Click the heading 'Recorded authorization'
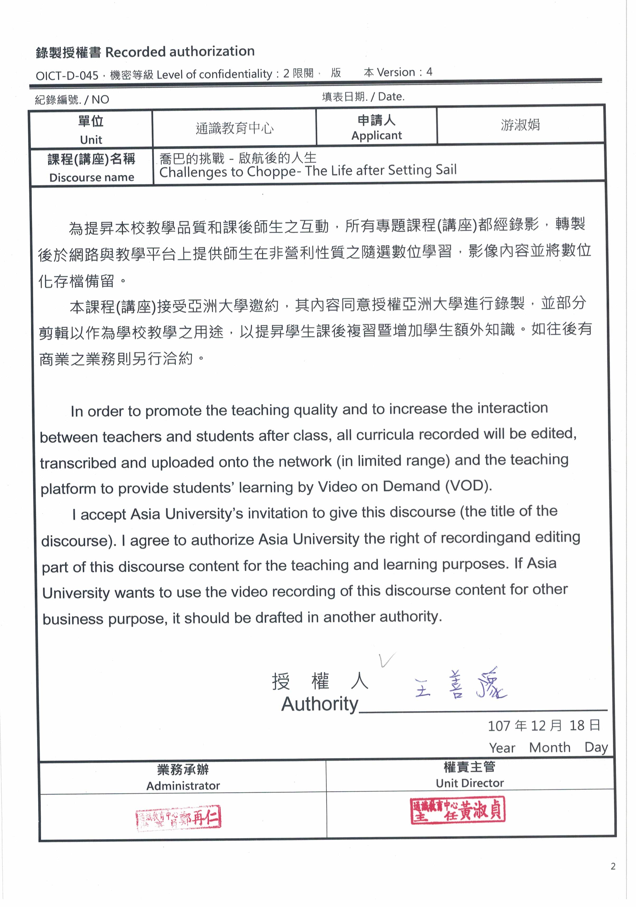(180, 52)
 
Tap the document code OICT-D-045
(67, 75)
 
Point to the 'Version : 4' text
(404, 72)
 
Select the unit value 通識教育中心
(234, 128)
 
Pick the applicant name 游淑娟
(520, 125)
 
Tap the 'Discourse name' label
(92, 177)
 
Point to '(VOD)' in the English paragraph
(468, 486)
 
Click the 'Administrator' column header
(183, 785)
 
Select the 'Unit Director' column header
(470, 783)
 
